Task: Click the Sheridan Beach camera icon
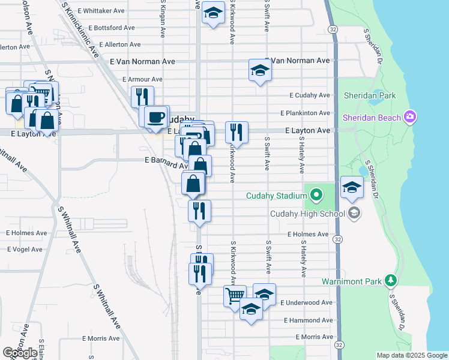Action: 411,116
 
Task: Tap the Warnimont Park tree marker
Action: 391,280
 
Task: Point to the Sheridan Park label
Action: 369,95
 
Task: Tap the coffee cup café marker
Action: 156,116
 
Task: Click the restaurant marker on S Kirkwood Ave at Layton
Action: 237,132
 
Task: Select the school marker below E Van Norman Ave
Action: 260,70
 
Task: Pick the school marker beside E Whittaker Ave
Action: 212,13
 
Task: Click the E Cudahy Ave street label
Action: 310,95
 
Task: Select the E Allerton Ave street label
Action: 120,44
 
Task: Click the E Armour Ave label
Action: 142,79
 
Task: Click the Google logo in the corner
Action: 20,353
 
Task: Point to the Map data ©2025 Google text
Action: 411,355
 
